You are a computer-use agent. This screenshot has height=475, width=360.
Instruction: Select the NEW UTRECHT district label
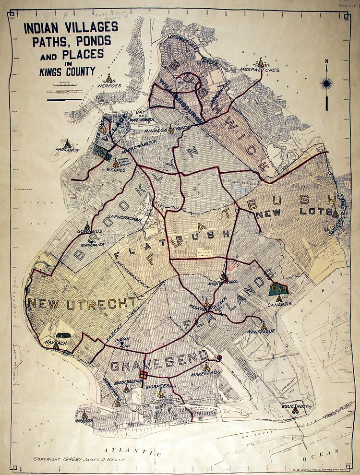[82, 303]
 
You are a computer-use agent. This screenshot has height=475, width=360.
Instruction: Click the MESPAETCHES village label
[260, 70]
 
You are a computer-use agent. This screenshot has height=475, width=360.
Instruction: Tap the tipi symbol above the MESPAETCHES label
[261, 62]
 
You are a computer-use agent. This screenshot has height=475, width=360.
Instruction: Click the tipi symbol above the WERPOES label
[109, 78]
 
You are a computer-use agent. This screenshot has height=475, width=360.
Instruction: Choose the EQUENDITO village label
[297, 407]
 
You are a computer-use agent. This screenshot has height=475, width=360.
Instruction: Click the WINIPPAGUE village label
[260, 331]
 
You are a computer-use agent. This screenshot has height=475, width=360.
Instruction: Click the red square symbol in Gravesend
[143, 375]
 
